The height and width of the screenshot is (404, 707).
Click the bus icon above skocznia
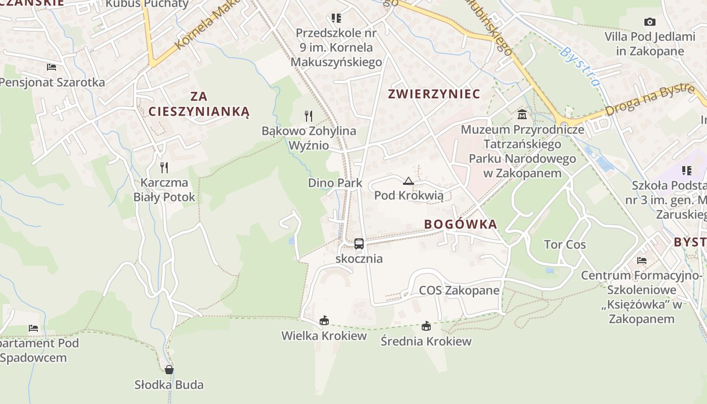pyautogui.click(x=359, y=244)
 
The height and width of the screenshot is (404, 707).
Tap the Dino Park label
pyautogui.click(x=335, y=183)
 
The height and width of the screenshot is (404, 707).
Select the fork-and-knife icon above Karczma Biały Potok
pyautogui.click(x=164, y=167)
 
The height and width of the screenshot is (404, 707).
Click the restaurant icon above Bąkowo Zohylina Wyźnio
pyautogui.click(x=309, y=116)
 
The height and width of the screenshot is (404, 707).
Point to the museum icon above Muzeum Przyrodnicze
pyautogui.click(x=522, y=115)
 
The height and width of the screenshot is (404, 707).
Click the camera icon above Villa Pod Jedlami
pyautogui.click(x=650, y=22)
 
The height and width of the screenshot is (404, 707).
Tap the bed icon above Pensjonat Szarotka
pyautogui.click(x=51, y=67)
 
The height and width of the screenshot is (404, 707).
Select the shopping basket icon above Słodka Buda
pyautogui.click(x=169, y=370)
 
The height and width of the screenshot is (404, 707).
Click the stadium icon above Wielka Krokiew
pyautogui.click(x=324, y=320)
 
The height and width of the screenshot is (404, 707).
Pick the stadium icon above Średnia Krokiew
pyautogui.click(x=426, y=326)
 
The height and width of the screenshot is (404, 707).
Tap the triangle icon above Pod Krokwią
pyautogui.click(x=409, y=181)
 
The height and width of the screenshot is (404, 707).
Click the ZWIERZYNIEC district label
pyautogui.click(x=434, y=94)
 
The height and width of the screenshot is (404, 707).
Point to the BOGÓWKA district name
pyautogui.click(x=461, y=225)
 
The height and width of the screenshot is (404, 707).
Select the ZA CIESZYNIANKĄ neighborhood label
pyautogui.click(x=199, y=104)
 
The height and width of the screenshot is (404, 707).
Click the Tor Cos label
pyautogui.click(x=565, y=245)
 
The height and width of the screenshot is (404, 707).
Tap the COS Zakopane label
pyautogui.click(x=459, y=290)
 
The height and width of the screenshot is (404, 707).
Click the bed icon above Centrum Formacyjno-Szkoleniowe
pyautogui.click(x=642, y=261)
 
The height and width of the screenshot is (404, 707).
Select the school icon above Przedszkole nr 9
pyautogui.click(x=336, y=18)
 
